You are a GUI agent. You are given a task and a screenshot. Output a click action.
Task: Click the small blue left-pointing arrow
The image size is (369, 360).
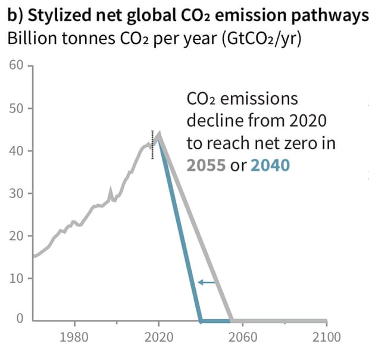pyautogui.click(x=206, y=282)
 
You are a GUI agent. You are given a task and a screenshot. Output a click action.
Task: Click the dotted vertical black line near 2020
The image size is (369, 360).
pyautogui.click(x=152, y=145)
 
